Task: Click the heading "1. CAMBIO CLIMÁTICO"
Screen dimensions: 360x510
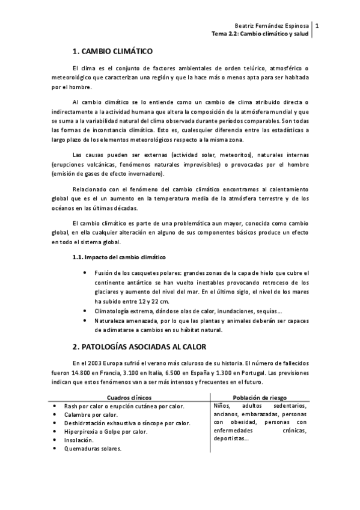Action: click(113, 52)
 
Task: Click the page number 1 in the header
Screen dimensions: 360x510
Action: click(317, 26)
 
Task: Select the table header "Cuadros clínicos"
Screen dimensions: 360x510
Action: click(129, 398)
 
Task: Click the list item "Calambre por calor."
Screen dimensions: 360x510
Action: click(91, 414)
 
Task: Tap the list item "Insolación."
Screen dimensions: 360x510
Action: click(79, 440)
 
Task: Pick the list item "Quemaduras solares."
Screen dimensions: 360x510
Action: click(93, 448)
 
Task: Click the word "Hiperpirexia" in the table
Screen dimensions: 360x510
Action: click(82, 431)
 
